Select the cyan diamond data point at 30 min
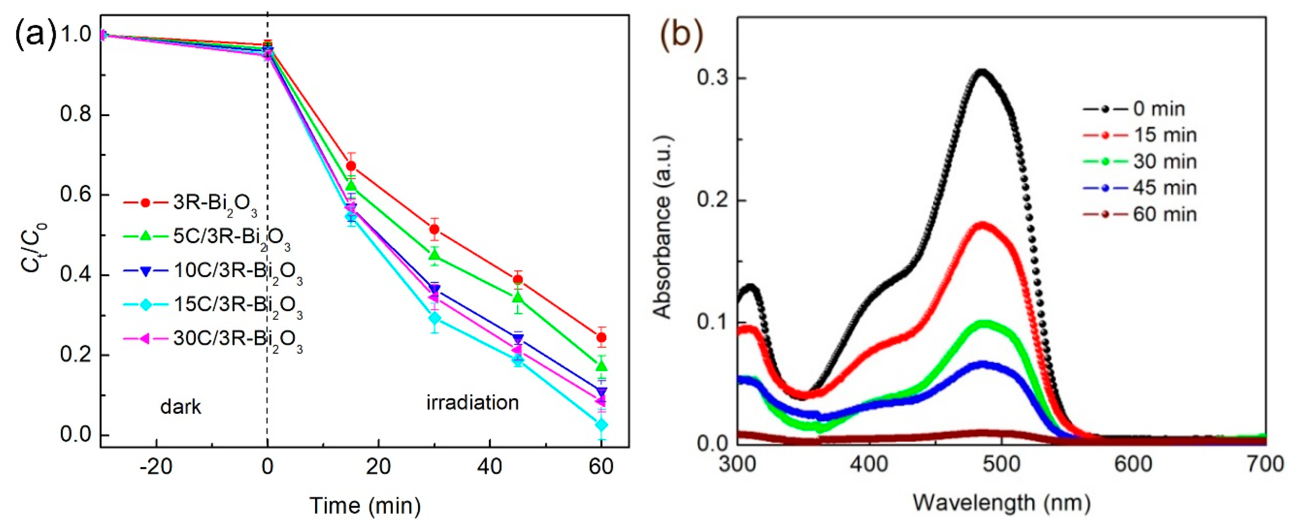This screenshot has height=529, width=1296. (x=435, y=318)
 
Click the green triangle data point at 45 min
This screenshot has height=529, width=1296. (x=518, y=297)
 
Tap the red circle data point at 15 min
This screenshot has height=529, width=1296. (x=351, y=166)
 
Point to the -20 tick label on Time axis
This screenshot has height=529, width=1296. (x=156, y=467)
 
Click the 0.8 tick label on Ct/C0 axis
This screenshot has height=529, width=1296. (x=75, y=114)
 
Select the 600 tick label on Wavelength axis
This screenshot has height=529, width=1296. (x=1133, y=463)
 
